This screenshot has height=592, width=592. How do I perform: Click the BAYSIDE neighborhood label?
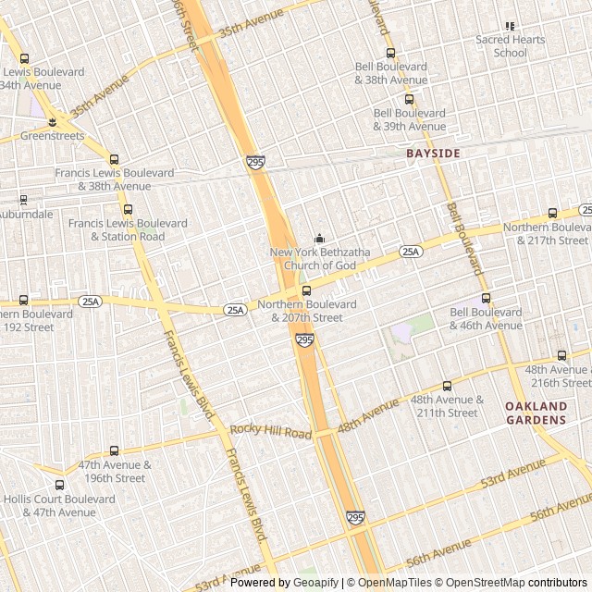[x=433, y=153]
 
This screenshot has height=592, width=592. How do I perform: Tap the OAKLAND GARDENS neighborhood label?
[x=536, y=413]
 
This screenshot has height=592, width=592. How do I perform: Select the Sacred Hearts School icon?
[x=510, y=27]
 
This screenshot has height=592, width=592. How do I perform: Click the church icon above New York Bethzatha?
[x=320, y=239]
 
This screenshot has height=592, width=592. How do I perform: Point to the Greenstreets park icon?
[x=53, y=122]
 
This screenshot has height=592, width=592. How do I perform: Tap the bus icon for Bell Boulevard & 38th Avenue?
[x=390, y=54]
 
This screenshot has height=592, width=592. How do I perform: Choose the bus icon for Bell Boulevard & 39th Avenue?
[x=409, y=100]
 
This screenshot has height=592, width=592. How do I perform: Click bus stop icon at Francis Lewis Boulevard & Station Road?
[x=128, y=210]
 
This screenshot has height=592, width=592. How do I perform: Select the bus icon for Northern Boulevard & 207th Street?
[x=307, y=291]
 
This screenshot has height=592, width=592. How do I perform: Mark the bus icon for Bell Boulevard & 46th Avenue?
[x=487, y=299]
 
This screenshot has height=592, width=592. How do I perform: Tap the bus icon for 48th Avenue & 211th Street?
[x=448, y=387]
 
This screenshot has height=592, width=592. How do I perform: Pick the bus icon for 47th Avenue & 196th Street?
[x=115, y=451]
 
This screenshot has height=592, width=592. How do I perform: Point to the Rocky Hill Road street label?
[x=271, y=431]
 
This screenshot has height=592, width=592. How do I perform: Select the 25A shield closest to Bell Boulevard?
[x=411, y=252]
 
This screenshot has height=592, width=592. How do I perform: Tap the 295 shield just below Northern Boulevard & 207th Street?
[x=305, y=340]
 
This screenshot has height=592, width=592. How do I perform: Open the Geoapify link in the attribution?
[x=315, y=583]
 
